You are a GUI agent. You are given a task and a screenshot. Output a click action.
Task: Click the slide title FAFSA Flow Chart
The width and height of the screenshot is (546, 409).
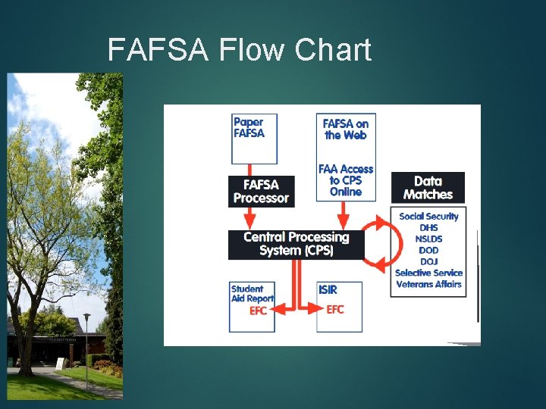[x=240, y=50]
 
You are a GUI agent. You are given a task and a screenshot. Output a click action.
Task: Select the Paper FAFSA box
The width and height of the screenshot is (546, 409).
[x=254, y=138]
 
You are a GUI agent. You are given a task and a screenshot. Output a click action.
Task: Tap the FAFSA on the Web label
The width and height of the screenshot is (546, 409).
[x=346, y=129]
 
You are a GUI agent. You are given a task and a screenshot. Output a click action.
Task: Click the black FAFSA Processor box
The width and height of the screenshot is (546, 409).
[x=261, y=191]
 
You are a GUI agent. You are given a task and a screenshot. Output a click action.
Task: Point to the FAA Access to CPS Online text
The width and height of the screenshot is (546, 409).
[x=346, y=180]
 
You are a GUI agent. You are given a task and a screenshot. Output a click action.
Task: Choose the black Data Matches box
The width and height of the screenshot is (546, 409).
[x=428, y=187]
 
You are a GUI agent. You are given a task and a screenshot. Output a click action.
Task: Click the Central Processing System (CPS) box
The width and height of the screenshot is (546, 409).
[x=296, y=243]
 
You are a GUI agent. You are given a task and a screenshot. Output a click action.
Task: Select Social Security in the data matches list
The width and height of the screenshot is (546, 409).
[x=428, y=216]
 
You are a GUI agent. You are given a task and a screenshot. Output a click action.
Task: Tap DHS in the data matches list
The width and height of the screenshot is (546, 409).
[x=428, y=227]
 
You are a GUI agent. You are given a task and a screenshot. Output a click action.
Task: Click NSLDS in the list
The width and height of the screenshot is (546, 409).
[x=428, y=239]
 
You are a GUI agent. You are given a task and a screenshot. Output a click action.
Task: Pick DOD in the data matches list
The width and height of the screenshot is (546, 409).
[x=428, y=250]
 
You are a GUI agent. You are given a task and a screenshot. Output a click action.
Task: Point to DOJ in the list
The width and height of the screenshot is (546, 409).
[x=428, y=261]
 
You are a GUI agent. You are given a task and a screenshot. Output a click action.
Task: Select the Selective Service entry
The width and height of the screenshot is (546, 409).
[x=428, y=273]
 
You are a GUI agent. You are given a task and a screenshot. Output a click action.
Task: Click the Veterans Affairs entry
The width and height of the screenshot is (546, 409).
[x=428, y=284]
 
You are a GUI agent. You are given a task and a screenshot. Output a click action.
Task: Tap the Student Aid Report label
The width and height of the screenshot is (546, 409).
[x=253, y=294]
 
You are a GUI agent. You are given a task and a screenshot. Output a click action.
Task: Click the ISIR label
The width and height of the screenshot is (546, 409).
[x=328, y=289]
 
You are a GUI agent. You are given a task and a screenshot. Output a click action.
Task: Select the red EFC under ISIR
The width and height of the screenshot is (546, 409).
[x=335, y=309]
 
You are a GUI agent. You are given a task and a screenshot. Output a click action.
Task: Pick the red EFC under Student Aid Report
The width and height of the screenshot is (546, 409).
[x=259, y=311]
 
